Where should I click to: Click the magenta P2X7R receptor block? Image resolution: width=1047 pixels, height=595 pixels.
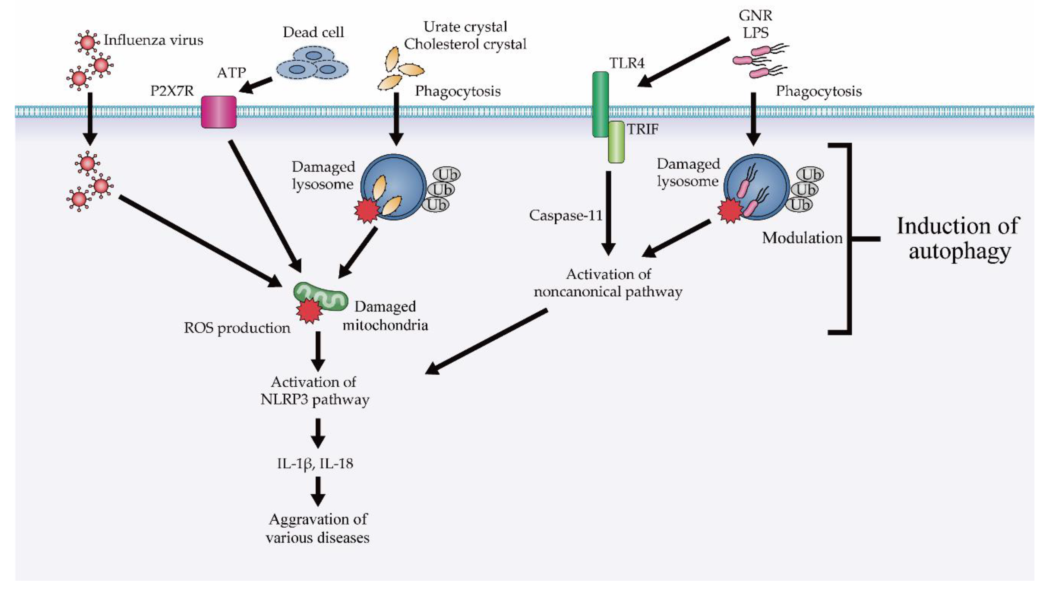coord(219,112)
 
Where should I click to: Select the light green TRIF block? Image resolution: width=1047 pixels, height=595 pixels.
coord(616,142)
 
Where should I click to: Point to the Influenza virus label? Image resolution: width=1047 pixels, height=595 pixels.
coord(153,40)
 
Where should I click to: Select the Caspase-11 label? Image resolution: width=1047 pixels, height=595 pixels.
coord(565,215)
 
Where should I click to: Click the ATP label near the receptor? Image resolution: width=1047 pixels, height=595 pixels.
coord(231,73)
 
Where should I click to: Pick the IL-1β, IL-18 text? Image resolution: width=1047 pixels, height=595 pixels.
coord(315,463)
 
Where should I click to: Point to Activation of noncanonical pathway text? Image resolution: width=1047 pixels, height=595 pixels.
coord(608,283)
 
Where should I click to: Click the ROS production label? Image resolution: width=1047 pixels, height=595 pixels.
coord(237,328)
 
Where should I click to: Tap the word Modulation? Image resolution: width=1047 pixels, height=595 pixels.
coord(802,238)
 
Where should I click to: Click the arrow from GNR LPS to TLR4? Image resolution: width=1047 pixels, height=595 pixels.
coord(684,62)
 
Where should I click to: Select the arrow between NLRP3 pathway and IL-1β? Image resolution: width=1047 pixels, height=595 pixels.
coord(318,433)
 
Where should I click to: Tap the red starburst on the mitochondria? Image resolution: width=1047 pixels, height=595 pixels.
coord(309,311)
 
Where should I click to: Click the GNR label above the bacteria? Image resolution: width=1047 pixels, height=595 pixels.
coord(755,16)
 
